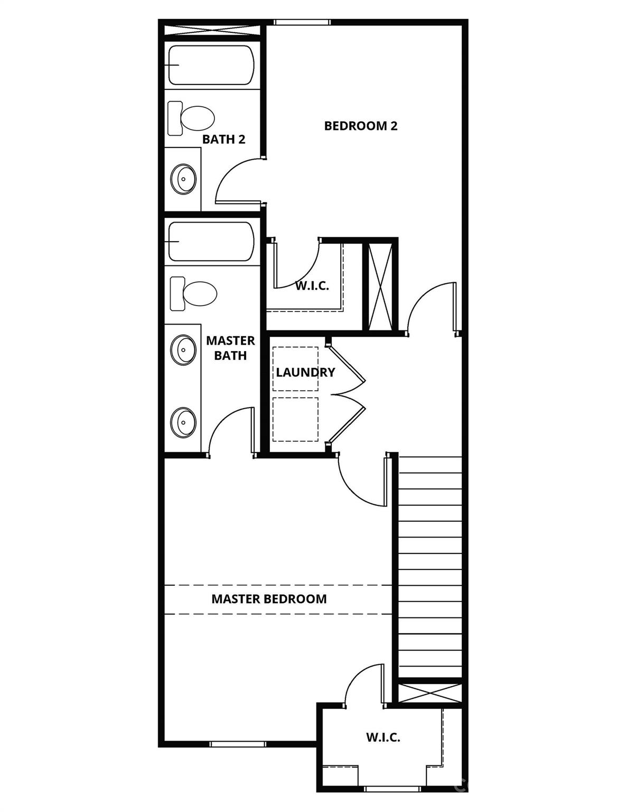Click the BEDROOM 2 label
click(361, 126)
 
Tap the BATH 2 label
click(223, 140)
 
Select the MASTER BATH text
click(230, 348)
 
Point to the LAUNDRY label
click(305, 372)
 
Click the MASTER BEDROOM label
click(269, 599)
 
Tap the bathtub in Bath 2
click(211, 65)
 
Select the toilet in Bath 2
click(191, 117)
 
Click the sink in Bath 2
click(183, 179)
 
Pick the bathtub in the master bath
click(211, 242)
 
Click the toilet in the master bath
click(193, 293)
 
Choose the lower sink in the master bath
click(183, 422)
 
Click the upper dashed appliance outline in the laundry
click(295, 369)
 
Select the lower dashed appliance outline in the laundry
click(295, 419)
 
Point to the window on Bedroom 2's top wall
click(302, 22)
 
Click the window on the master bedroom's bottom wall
click(238, 744)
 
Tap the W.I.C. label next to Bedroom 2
click(312, 286)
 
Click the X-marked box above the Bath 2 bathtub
click(212, 30)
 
